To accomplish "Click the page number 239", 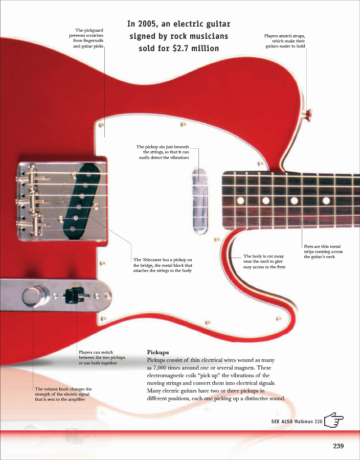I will click(338, 446).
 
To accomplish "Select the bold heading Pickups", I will click(157, 352).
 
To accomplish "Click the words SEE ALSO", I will click(282, 421).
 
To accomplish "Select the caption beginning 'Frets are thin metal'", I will click(323, 251).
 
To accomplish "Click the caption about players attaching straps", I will click(285, 41).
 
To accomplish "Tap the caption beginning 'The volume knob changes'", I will click(63, 394).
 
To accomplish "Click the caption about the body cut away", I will click(264, 262).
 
